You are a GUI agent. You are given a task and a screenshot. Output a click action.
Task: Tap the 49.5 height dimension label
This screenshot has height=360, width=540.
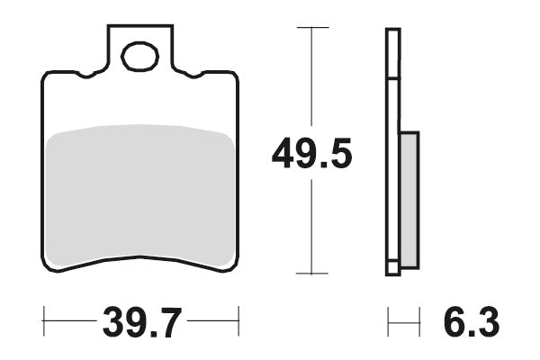[x=311, y=155]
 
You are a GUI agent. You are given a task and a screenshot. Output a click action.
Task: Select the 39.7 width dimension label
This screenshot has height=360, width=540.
[x=141, y=320]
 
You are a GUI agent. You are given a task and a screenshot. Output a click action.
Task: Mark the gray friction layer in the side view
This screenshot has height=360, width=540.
[x=409, y=199]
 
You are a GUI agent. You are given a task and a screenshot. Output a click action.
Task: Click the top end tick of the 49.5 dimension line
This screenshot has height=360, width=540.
[x=311, y=28]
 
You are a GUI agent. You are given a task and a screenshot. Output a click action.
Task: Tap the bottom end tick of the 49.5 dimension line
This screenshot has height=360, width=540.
[x=311, y=274]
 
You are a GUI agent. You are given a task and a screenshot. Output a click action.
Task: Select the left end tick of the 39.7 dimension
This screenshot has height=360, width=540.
[x=43, y=319]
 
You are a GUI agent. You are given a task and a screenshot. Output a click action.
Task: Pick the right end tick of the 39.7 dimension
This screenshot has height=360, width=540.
[x=238, y=319]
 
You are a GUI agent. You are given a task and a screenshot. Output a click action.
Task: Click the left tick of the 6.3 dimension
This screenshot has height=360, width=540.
[x=388, y=319]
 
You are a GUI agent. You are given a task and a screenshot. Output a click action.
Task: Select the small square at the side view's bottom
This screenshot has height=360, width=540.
[x=392, y=267]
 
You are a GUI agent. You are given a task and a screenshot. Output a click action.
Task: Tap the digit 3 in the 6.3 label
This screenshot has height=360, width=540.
[x=485, y=320]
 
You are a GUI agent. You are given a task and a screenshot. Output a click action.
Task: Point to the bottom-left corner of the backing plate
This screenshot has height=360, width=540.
[x=46, y=266]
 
